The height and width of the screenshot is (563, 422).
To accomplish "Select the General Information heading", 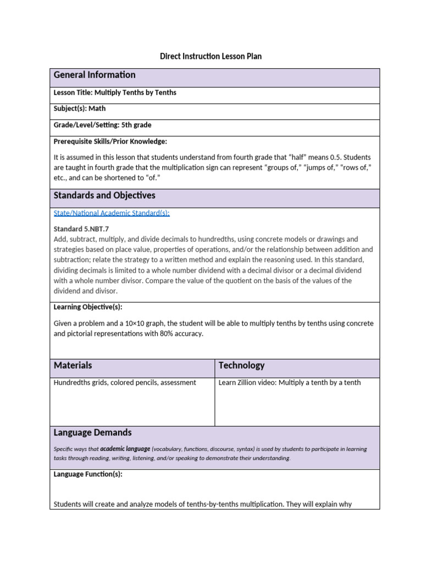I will tap(94, 75).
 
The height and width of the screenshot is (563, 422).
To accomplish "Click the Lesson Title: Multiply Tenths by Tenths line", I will tap(115, 92).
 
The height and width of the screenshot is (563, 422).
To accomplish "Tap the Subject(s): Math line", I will tap(79, 109).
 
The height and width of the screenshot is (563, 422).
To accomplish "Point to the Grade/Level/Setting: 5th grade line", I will tap(102, 125).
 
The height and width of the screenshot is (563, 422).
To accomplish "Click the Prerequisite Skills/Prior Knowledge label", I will tap(110, 141).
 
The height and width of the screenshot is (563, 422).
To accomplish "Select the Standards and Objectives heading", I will tap(104, 195).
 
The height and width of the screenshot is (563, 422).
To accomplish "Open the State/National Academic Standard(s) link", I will tap(111, 213).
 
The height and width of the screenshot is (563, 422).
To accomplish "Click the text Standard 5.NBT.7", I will tap(85, 229).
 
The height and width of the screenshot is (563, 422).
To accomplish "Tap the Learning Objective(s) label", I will tap(88, 307).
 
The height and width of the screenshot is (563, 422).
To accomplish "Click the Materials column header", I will tap(73, 365).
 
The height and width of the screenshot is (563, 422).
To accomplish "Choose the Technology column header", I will tap(241, 365).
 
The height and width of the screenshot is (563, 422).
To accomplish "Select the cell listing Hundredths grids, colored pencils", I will tap(125, 383).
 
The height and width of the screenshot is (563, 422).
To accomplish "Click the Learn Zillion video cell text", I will tap(290, 383).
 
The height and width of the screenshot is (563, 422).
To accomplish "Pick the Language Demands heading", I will tap(92, 433).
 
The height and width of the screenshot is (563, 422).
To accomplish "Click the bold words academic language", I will tap(125, 449).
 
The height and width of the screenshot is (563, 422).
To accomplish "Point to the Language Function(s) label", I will tap(88, 474).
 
